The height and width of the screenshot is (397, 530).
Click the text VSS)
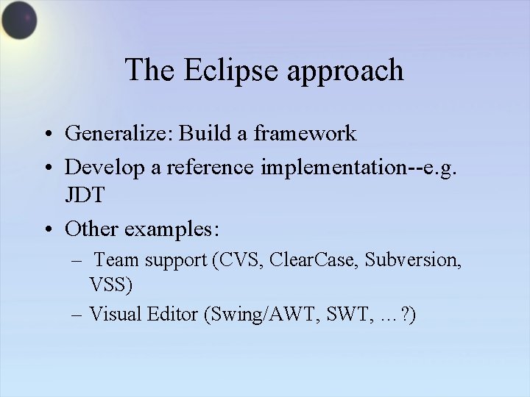(x=112, y=284)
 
